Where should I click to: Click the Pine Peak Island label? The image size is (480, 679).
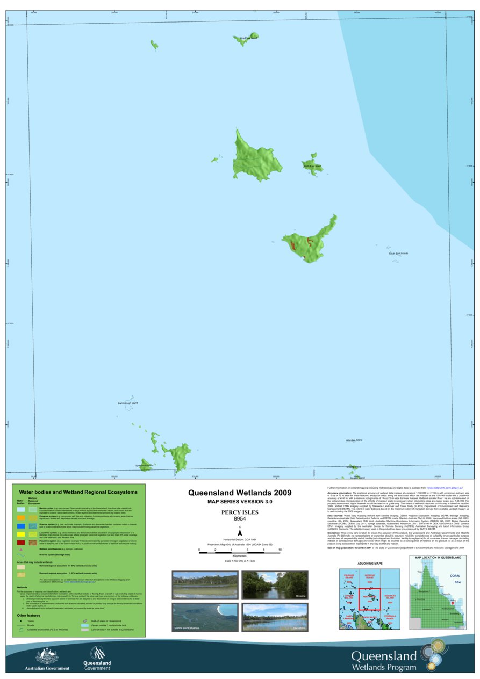pos(248,38)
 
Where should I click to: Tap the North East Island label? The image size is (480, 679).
pos(312,167)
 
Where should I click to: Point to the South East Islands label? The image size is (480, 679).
pos(398,254)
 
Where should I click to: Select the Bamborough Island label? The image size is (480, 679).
pos(128,403)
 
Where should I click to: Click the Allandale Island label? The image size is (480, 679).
pos(354,440)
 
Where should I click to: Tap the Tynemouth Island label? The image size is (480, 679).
pos(144,466)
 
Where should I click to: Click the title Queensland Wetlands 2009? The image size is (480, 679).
pos(240,493)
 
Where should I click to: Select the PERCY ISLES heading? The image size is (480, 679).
pos(240,512)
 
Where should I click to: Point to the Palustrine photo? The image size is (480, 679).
pos(205,585)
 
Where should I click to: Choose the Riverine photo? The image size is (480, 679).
pos(274,585)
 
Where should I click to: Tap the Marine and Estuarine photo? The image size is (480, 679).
pos(205,617)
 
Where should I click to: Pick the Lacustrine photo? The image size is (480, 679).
pos(274,617)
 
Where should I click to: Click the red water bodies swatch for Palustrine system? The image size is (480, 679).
pos(21,542)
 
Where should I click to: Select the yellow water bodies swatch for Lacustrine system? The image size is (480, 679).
pos(21,534)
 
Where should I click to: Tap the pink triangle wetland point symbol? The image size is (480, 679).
pos(21,550)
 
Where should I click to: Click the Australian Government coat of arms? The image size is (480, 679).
pos(47,655)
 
